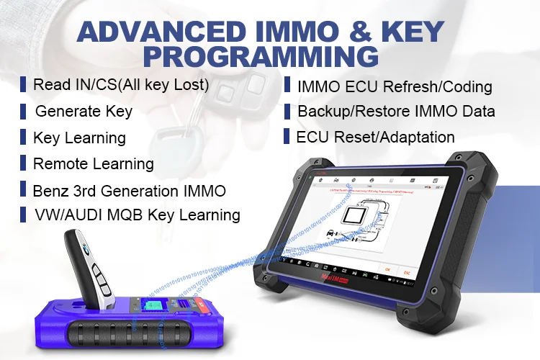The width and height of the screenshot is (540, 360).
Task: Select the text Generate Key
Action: pos(84,112)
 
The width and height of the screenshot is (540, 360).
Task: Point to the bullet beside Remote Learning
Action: pos(24,163)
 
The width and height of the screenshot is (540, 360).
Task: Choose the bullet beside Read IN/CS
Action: pos(24,84)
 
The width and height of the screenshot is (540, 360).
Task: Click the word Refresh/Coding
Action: pos(447,87)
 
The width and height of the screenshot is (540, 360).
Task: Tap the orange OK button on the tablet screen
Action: pos(387,269)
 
